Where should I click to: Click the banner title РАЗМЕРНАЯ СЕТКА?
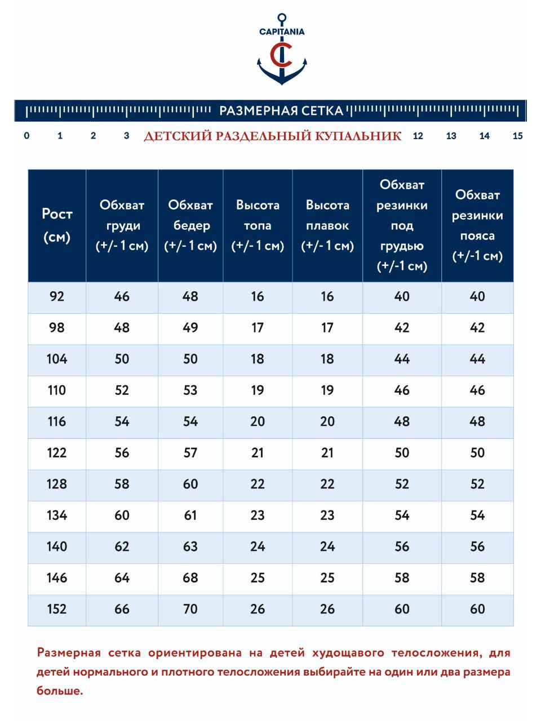click(x=281, y=110)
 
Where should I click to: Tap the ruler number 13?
click(x=451, y=136)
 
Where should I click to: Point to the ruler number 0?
click(x=26, y=136)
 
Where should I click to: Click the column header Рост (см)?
click(x=57, y=225)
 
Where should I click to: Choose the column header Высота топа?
click(x=258, y=225)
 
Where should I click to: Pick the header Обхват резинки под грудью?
click(x=402, y=225)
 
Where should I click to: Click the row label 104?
click(x=57, y=359)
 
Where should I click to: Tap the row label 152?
click(x=57, y=609)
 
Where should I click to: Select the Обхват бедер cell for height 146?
click(x=190, y=578)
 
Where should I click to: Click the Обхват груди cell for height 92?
click(x=122, y=296)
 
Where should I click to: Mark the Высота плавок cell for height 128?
click(x=327, y=484)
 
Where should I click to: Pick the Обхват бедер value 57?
click(x=190, y=453)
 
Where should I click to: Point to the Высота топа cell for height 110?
click(x=258, y=390)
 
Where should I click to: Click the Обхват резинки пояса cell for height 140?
click(x=477, y=546)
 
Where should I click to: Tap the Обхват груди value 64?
click(x=122, y=578)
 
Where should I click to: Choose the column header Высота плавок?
click(x=327, y=225)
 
